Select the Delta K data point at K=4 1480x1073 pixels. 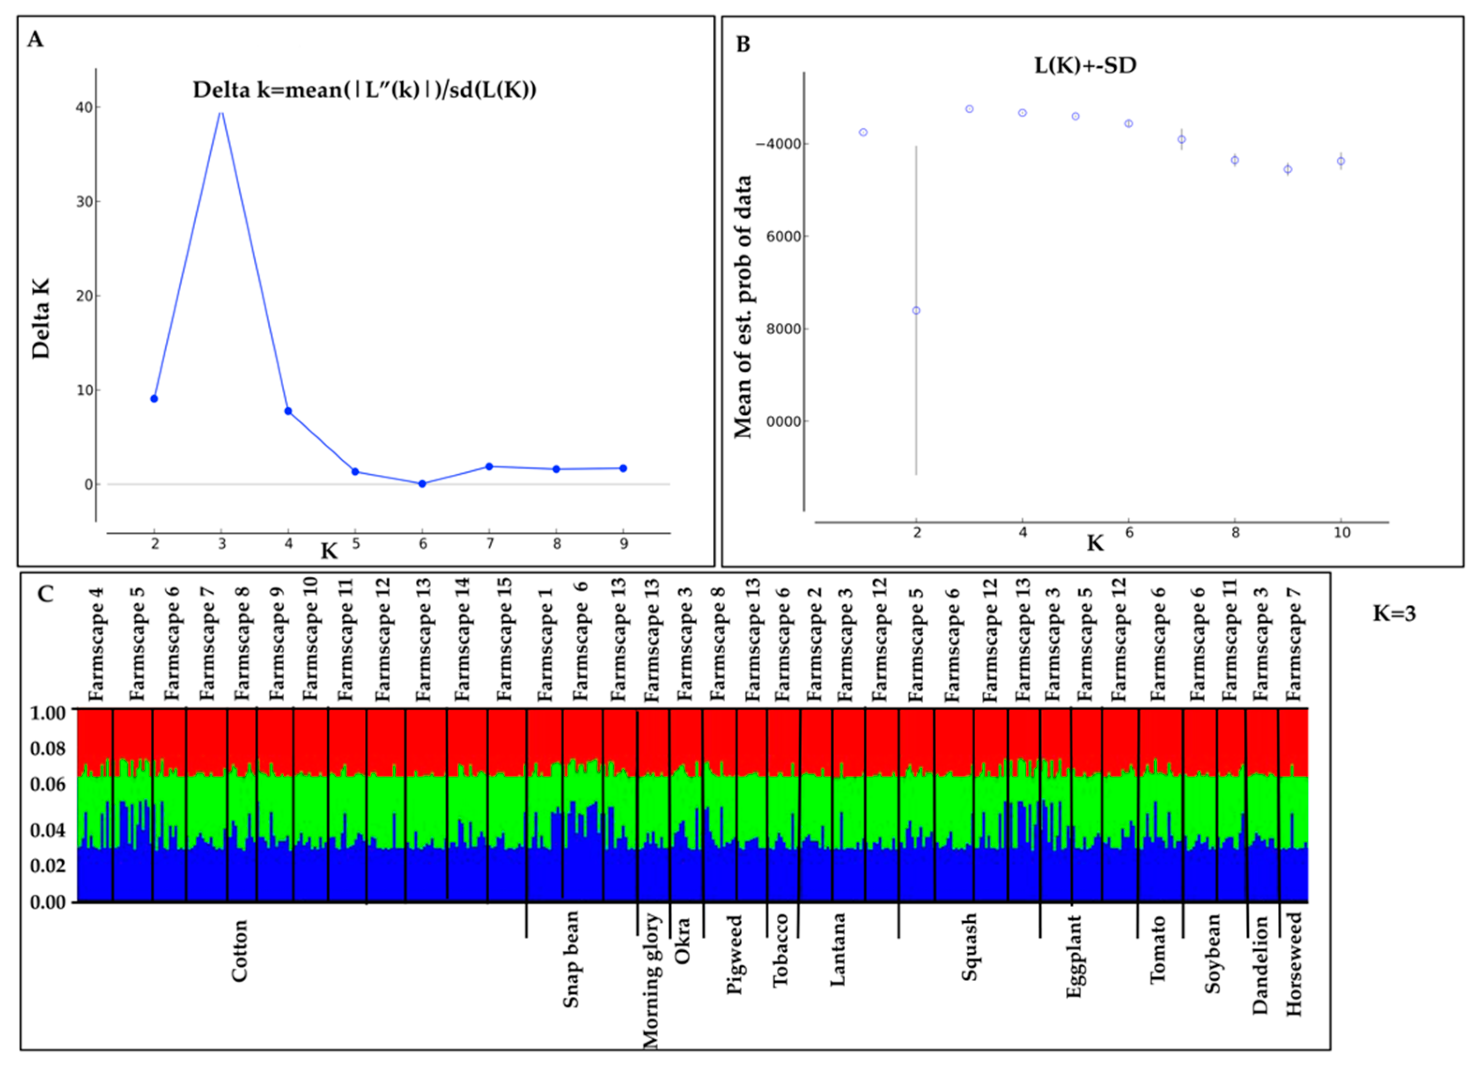pos(288,411)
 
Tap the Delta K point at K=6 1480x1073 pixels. pos(422,484)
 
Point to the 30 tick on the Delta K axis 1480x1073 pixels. pos(85,202)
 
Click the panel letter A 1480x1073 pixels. pos(35,40)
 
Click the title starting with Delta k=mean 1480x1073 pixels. pos(364,89)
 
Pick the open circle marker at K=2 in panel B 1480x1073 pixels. pos(916,311)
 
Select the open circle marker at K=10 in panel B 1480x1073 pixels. pos(1341,161)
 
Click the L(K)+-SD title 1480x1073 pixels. pos(1085,65)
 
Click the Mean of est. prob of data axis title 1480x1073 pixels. pos(743,307)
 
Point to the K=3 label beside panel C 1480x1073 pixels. pos(1394,614)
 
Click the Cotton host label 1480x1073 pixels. pos(240,951)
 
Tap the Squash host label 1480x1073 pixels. pos(970,947)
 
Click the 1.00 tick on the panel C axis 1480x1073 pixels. pos(48,713)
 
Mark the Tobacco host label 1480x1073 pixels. pos(780,950)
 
